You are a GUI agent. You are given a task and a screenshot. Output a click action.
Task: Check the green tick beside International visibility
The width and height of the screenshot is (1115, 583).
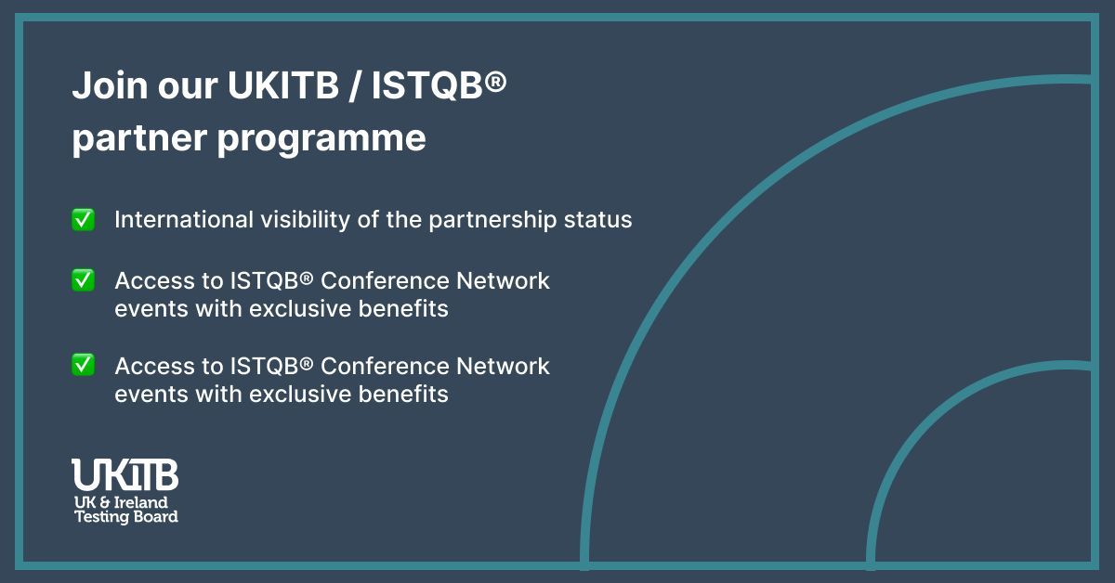(84, 220)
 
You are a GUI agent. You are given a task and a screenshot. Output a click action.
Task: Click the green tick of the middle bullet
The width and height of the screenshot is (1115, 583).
(84, 280)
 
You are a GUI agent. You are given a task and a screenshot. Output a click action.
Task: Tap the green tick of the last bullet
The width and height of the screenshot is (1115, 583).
(84, 365)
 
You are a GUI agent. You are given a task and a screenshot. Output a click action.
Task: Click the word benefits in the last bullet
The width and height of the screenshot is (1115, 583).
(405, 394)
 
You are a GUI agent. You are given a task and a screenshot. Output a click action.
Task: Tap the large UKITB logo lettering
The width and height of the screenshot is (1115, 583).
(125, 475)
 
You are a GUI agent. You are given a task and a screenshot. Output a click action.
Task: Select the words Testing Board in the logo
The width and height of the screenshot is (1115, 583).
(125, 517)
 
